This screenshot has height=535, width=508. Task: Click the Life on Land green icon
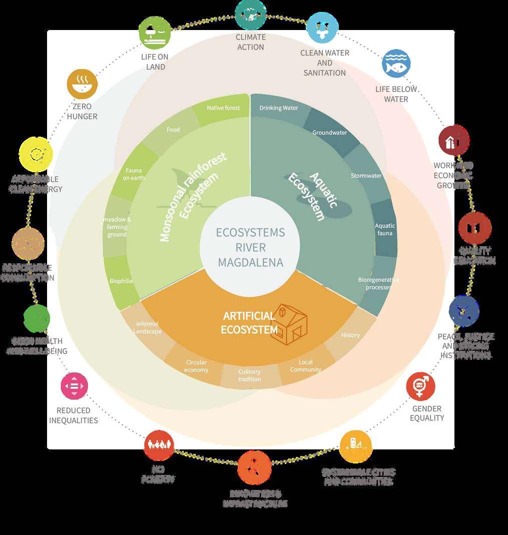(x=155, y=33)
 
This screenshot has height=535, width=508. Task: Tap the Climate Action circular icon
(x=250, y=15)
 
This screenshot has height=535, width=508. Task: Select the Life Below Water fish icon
(x=396, y=64)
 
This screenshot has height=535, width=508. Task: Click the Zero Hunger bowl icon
(x=82, y=84)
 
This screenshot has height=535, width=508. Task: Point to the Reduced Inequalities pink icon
(x=75, y=386)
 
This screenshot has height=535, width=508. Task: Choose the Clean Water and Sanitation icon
(x=322, y=28)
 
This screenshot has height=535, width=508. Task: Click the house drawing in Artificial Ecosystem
(x=289, y=324)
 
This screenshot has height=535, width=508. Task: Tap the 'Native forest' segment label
(x=223, y=108)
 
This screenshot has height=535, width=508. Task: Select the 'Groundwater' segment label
(x=330, y=133)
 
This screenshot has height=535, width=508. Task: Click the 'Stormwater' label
(x=366, y=176)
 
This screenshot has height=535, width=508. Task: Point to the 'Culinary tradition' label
(x=249, y=375)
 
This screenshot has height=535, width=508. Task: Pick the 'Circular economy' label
(x=196, y=366)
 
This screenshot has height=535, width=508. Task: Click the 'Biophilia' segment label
(x=121, y=281)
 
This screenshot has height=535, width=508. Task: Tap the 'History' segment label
(x=350, y=335)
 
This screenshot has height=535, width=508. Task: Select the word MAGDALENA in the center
(x=250, y=262)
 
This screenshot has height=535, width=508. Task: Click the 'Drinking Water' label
(x=278, y=108)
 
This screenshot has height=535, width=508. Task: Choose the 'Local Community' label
(x=305, y=366)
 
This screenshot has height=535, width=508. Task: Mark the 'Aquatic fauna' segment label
(x=385, y=229)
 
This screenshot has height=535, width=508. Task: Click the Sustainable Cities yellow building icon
(x=355, y=446)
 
